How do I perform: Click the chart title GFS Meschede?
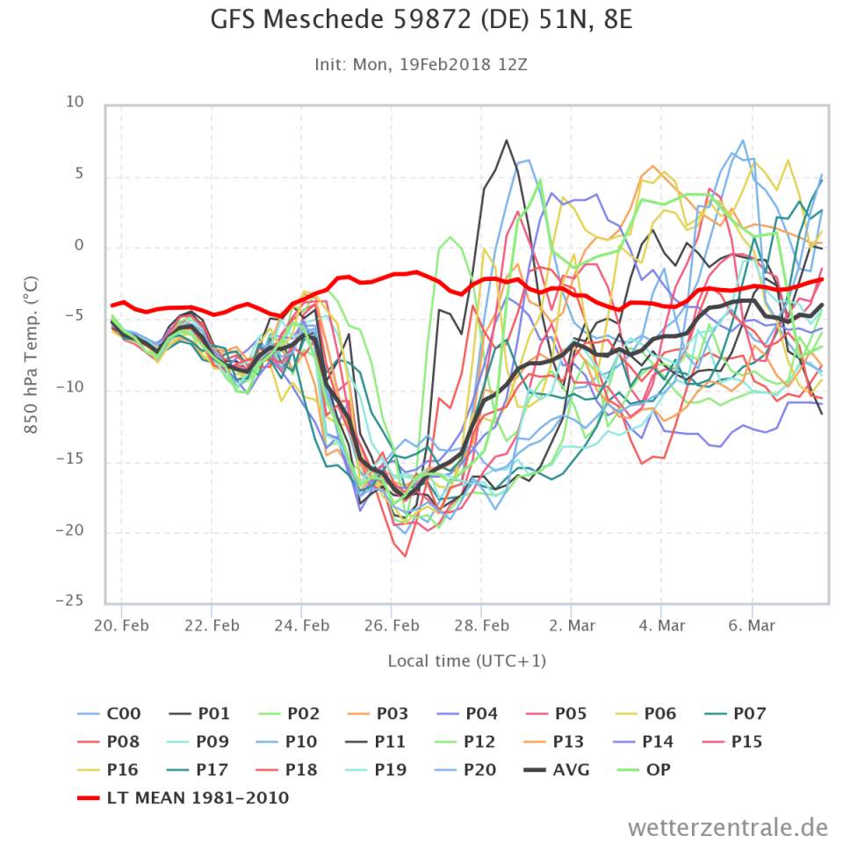(x=421, y=20)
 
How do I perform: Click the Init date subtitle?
(x=421, y=65)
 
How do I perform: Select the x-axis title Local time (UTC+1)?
(x=466, y=660)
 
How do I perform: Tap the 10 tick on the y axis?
(x=75, y=103)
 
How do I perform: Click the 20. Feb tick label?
(x=122, y=626)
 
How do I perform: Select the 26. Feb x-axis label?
(x=392, y=626)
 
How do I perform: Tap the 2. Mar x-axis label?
(x=572, y=626)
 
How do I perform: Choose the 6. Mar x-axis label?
(x=752, y=626)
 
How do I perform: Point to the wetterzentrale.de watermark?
(x=728, y=826)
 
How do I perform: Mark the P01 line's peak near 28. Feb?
(x=507, y=140)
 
